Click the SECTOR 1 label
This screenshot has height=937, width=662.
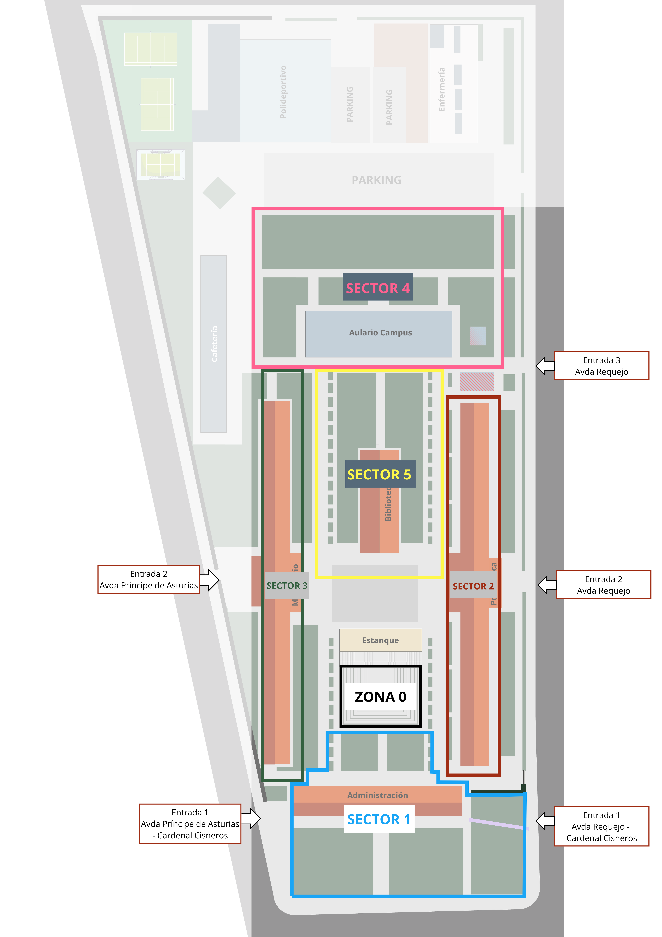(x=379, y=819)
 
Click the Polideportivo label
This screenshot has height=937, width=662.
(x=283, y=92)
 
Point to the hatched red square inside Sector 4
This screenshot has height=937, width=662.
(x=478, y=336)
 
